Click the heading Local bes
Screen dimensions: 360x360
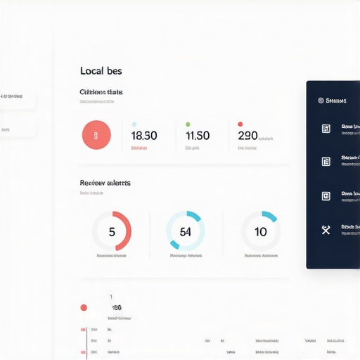coord(101,71)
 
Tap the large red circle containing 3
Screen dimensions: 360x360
coord(96,135)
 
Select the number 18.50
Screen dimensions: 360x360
coord(144,136)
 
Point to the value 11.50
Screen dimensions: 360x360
coord(197,136)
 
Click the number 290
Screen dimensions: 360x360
coord(248,136)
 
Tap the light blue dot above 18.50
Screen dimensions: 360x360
coord(134,124)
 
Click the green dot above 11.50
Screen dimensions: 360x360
coord(188,124)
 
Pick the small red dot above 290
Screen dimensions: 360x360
coord(240,124)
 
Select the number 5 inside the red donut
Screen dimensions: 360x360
coord(112,232)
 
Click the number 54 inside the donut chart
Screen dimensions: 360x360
coord(186,232)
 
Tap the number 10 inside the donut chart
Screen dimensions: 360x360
coord(261,232)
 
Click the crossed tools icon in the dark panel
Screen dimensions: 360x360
coord(326,229)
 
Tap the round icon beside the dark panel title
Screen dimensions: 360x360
coord(321,101)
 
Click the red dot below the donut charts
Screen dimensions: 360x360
coord(84,307)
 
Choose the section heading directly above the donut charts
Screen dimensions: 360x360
coord(105,183)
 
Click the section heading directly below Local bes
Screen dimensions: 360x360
coord(101,92)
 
